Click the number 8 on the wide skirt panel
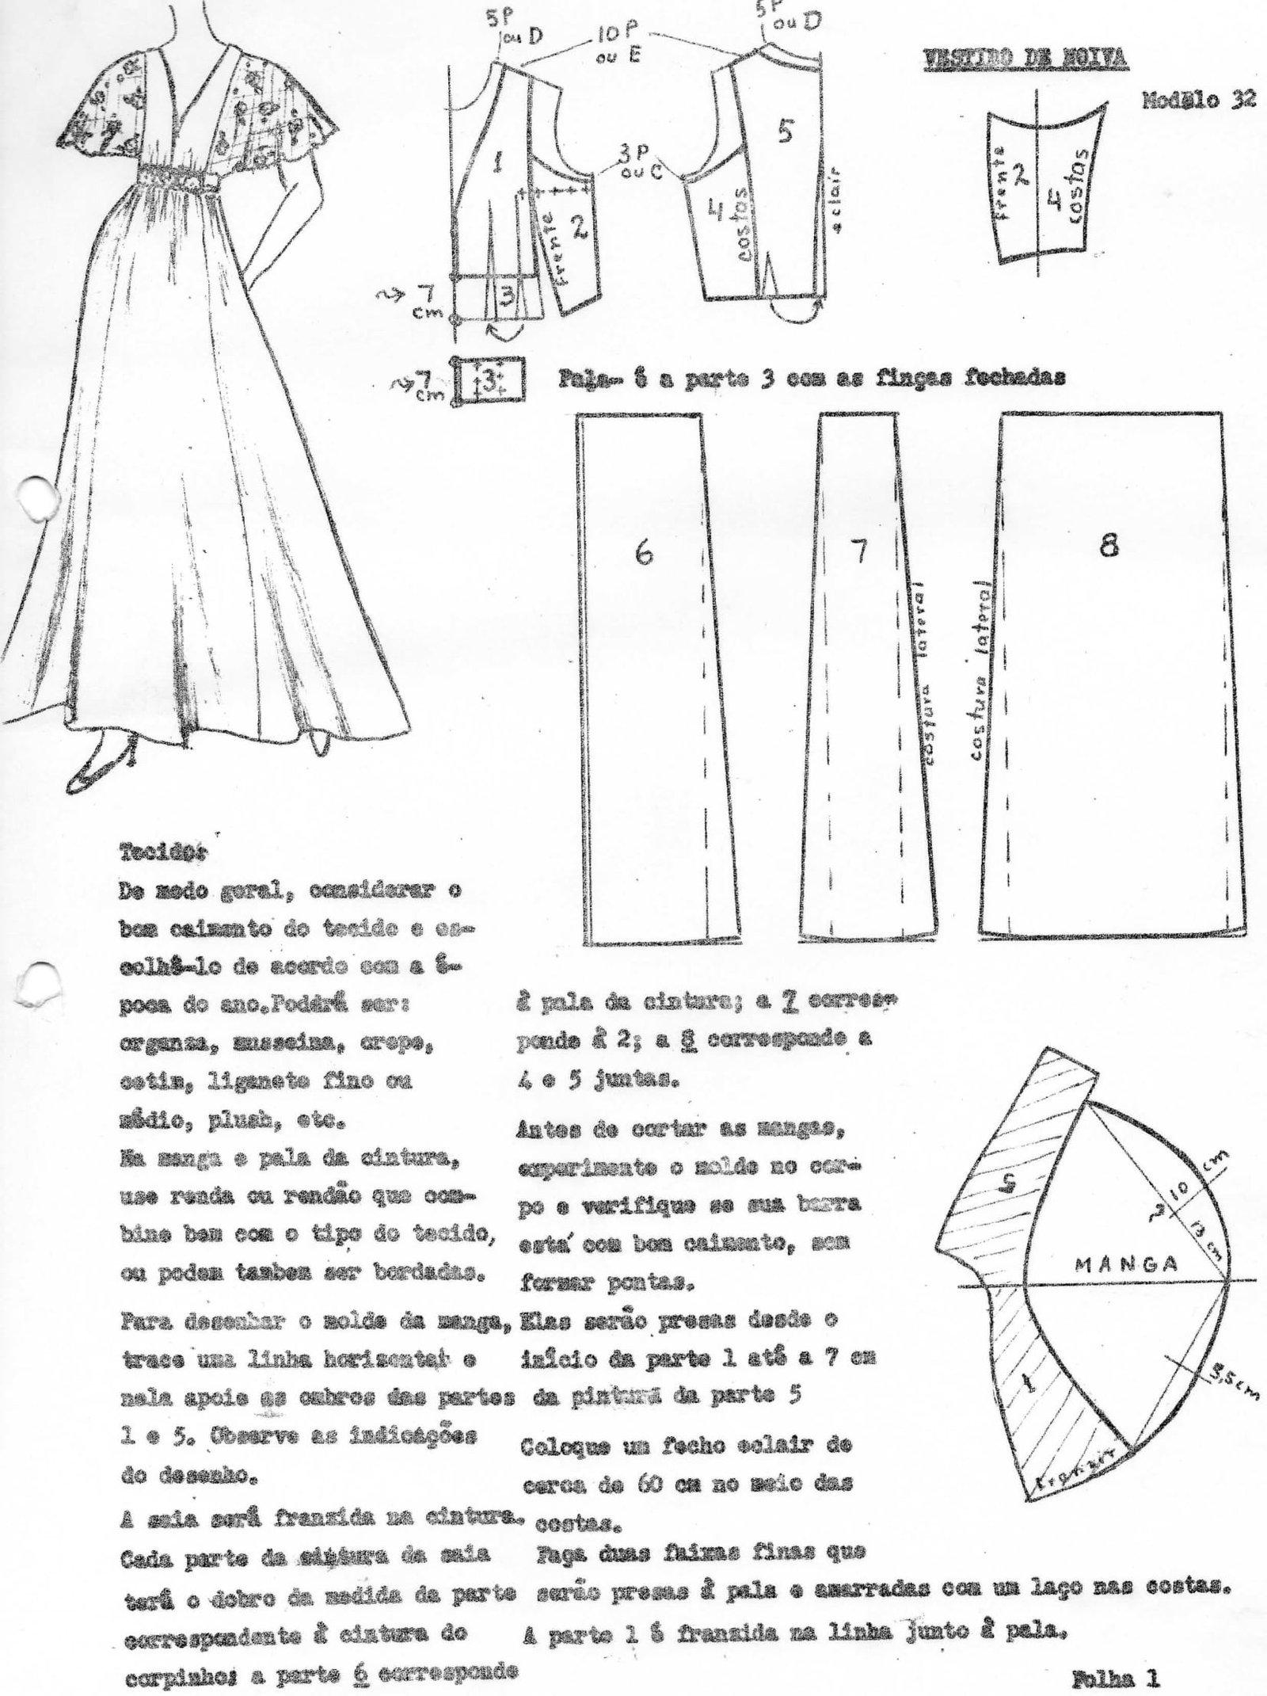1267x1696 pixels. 1109,545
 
